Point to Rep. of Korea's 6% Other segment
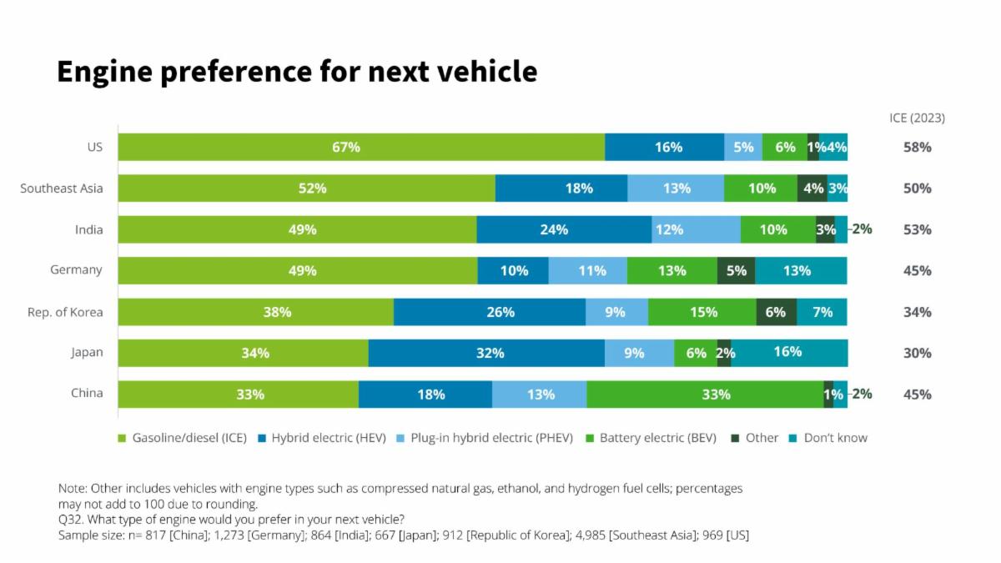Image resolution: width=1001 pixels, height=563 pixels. [x=776, y=312]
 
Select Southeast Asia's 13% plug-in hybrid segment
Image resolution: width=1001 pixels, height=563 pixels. [x=676, y=189]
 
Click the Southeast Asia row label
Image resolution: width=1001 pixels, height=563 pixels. [x=62, y=189]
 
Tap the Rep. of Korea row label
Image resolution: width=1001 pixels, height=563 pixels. [x=65, y=312]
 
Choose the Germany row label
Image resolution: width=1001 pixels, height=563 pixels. [x=76, y=269]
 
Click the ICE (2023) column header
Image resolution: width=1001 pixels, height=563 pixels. [x=917, y=118]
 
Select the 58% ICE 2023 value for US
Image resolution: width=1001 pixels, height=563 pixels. [x=917, y=147]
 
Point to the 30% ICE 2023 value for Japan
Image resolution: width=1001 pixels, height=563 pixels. [x=917, y=353]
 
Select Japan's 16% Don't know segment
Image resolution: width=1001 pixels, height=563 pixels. [x=789, y=353]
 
